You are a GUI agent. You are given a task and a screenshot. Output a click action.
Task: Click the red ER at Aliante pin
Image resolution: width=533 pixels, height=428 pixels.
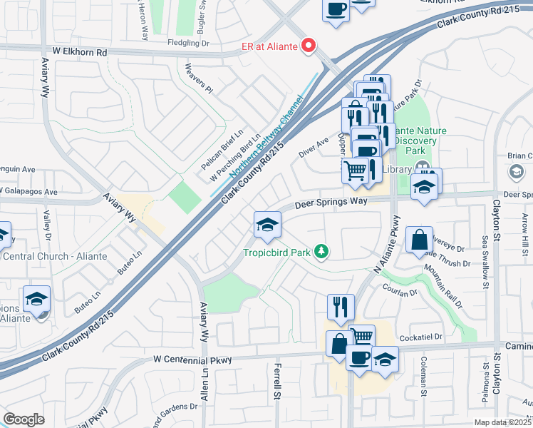click(309, 46)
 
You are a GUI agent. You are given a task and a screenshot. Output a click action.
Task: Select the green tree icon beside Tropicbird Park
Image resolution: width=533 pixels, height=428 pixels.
click(322, 251)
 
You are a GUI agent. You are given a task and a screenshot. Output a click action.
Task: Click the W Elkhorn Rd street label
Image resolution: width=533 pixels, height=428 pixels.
click(79, 52)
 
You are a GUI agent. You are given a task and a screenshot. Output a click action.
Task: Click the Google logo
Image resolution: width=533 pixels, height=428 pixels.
click(24, 419)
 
